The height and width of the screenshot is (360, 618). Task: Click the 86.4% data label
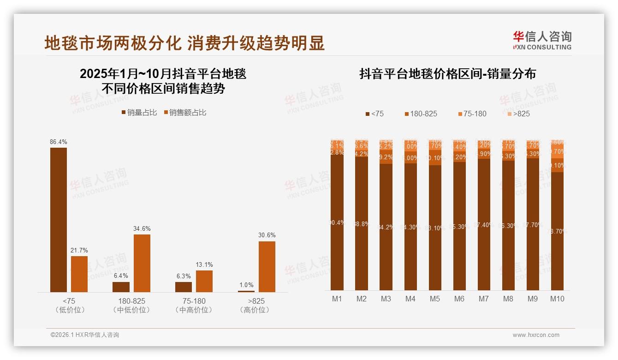click(x=58, y=142)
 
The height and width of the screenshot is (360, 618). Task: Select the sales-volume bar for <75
click(x=59, y=220)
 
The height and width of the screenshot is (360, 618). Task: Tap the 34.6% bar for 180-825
click(x=142, y=263)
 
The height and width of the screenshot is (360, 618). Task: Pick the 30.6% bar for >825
click(x=267, y=266)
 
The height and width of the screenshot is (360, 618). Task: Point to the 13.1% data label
click(x=204, y=265)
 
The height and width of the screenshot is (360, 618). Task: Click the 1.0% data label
click(x=246, y=285)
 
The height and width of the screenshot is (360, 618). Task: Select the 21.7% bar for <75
click(x=79, y=274)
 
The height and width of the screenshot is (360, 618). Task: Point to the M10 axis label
click(x=557, y=299)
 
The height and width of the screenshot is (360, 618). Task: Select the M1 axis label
click(x=337, y=299)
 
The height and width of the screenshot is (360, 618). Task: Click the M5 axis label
click(x=435, y=299)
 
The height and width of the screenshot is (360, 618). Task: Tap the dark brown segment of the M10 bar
click(x=557, y=231)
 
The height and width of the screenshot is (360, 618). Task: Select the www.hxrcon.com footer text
click(x=536, y=335)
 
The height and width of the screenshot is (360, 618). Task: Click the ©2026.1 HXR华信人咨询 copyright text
click(x=85, y=335)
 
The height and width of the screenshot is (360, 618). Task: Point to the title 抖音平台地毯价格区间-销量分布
click(x=447, y=74)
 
